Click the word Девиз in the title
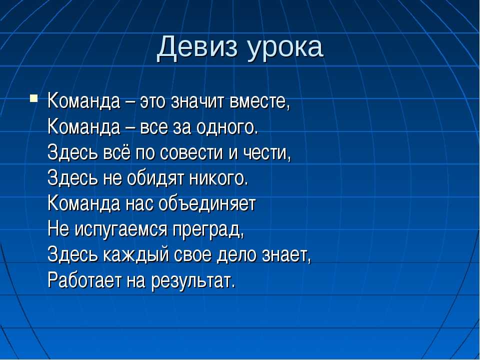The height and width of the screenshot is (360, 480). [x=197, y=48]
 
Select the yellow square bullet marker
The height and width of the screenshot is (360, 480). [x=33, y=98]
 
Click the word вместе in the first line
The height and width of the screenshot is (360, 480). [x=259, y=101]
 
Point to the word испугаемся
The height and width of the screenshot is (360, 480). [x=121, y=229]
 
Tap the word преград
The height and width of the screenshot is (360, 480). [x=208, y=229]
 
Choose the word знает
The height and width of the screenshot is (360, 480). [x=286, y=255]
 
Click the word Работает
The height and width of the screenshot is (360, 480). [x=84, y=280]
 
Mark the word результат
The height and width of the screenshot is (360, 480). [x=193, y=281]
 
